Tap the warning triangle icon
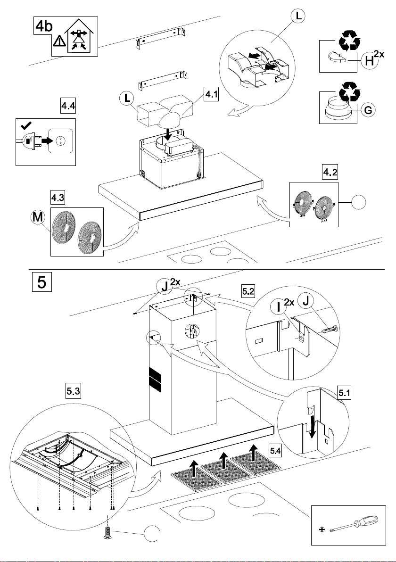pyautogui.click(x=59, y=41)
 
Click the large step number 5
pyautogui.click(x=41, y=284)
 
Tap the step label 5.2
pyautogui.click(x=248, y=292)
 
